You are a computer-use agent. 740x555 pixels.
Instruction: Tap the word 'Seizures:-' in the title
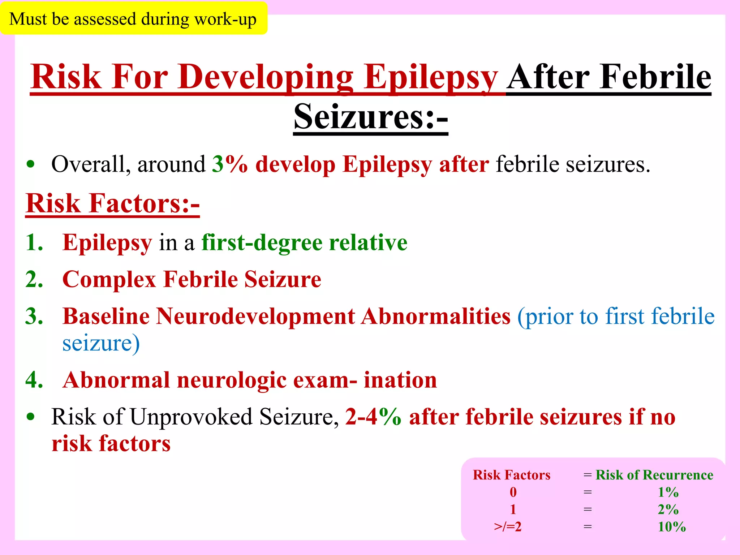(x=371, y=116)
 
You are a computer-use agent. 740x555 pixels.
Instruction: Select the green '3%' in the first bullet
(x=230, y=164)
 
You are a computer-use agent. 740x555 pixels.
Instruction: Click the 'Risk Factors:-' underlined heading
(x=112, y=203)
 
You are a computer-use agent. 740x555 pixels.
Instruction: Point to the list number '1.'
(x=34, y=242)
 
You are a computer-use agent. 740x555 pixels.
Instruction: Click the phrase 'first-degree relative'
(x=304, y=242)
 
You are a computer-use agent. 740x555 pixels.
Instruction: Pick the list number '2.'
(x=34, y=279)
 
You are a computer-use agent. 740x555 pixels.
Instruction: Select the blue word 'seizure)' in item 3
(x=101, y=343)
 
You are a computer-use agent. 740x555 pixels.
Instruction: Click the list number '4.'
(x=34, y=380)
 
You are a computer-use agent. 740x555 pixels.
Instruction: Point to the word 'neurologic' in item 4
(x=231, y=380)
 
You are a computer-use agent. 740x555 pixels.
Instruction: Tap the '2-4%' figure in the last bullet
(x=373, y=417)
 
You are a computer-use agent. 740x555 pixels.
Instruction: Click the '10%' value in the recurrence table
(x=671, y=527)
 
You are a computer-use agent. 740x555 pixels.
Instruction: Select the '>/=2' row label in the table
(x=508, y=527)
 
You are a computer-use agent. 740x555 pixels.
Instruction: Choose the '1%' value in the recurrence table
(x=668, y=492)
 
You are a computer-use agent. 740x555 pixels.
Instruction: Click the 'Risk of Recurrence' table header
(x=654, y=475)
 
